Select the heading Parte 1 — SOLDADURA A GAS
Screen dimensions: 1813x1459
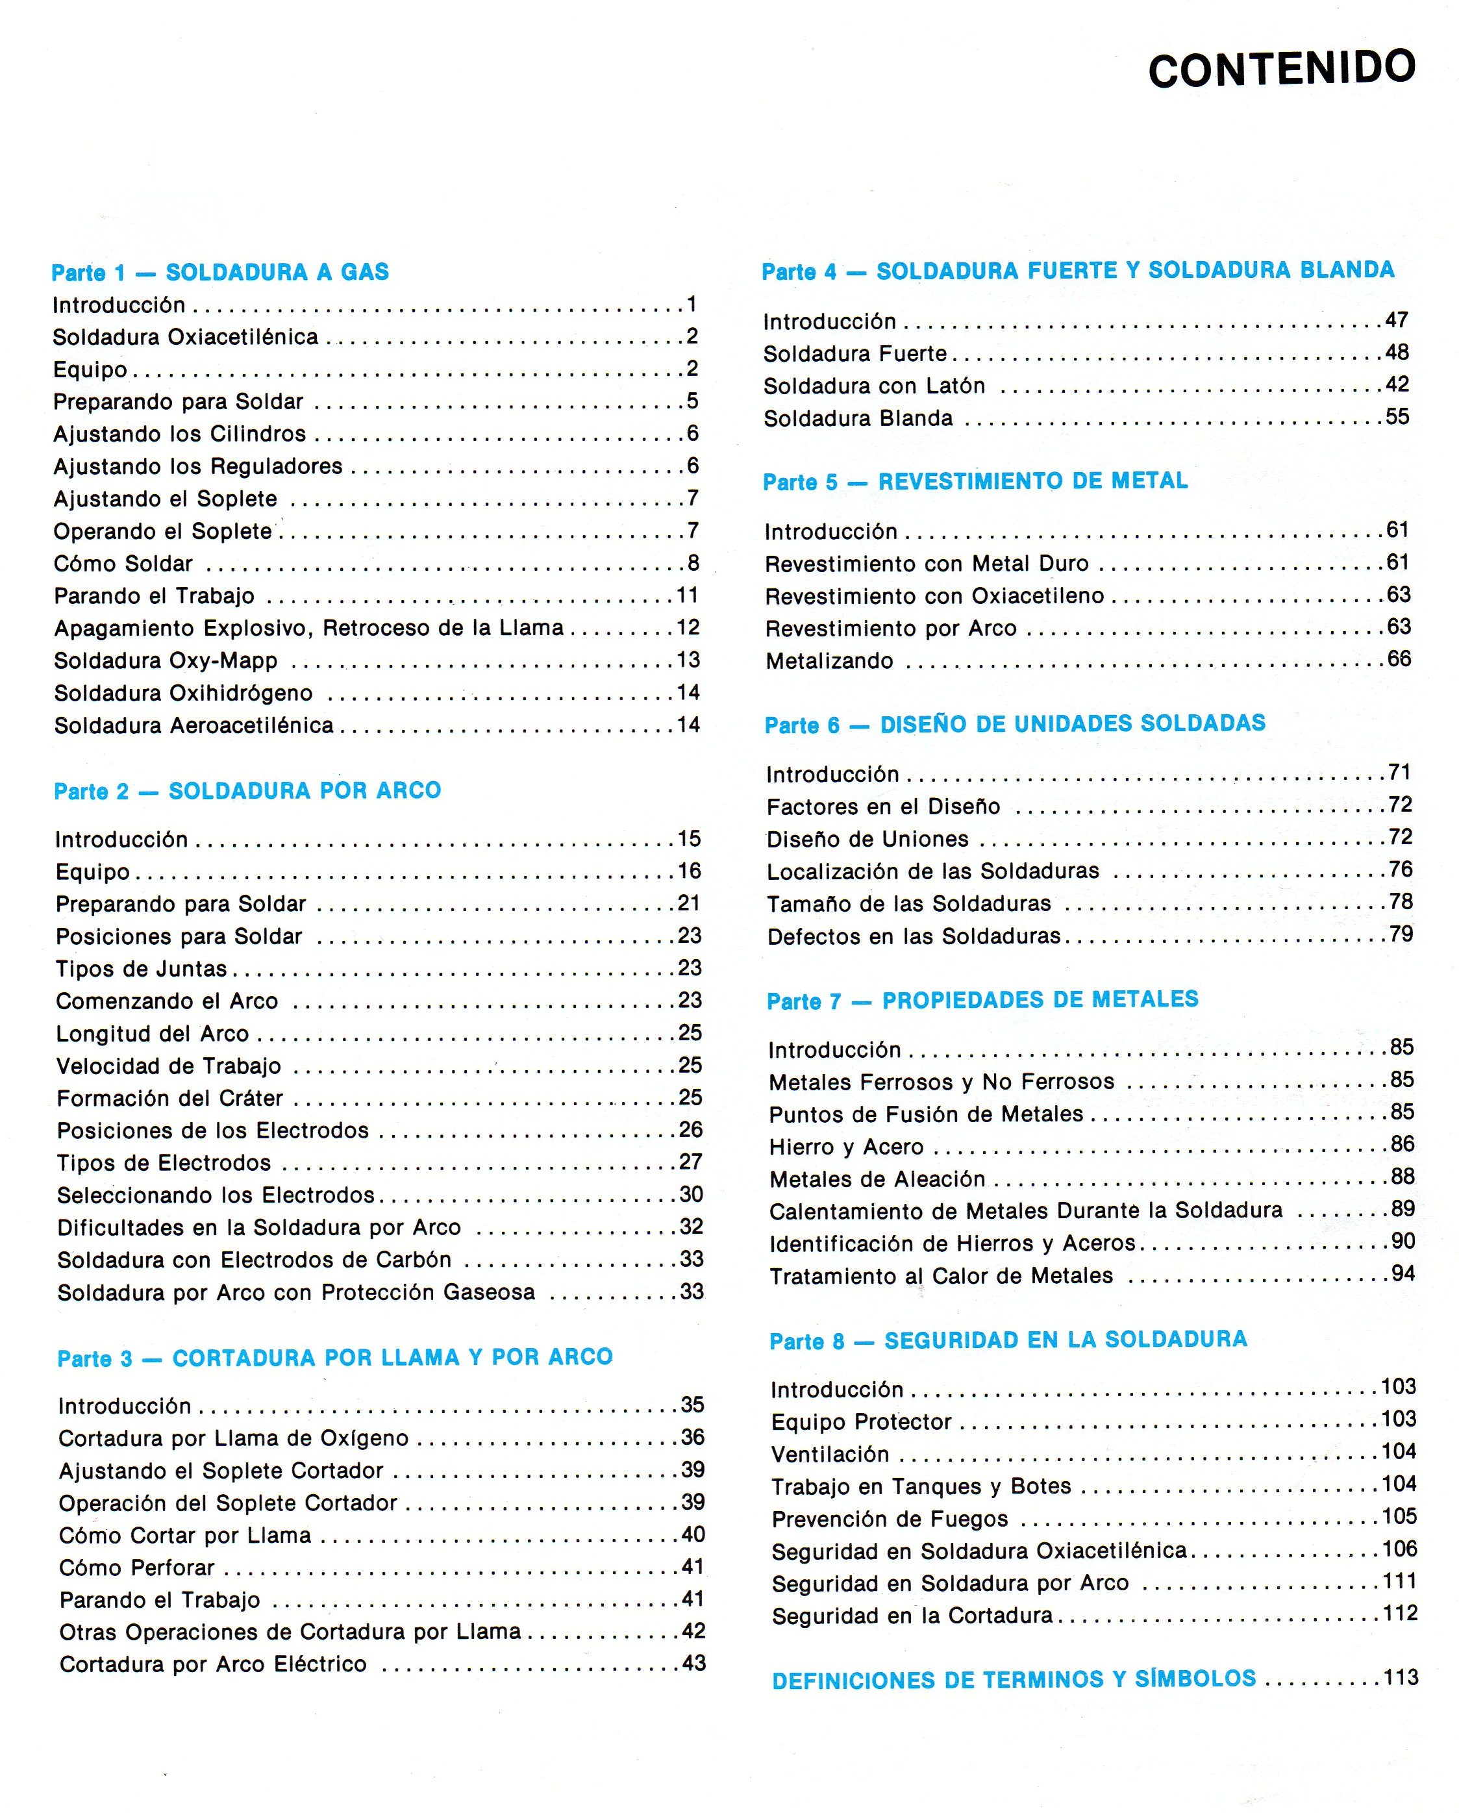click(x=220, y=273)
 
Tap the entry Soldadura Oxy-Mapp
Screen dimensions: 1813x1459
click(x=166, y=661)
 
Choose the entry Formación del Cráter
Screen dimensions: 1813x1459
click(x=170, y=1098)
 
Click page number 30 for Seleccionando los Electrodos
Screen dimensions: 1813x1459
click(x=690, y=1194)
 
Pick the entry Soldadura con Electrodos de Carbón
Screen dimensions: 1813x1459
click(x=254, y=1260)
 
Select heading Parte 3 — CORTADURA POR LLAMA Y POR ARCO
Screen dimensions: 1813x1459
click(x=334, y=1357)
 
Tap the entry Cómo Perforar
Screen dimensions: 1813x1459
click(x=137, y=1568)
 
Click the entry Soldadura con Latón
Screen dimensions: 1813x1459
click(x=874, y=386)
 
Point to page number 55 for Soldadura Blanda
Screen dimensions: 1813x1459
click(x=1397, y=416)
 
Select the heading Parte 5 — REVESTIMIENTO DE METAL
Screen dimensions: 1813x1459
click(x=975, y=481)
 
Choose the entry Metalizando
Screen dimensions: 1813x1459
click(x=829, y=661)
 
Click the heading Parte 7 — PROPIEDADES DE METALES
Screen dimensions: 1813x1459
click(x=982, y=1000)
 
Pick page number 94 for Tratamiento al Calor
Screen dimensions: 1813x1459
click(x=1402, y=1274)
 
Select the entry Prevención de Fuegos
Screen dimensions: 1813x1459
click(x=890, y=1519)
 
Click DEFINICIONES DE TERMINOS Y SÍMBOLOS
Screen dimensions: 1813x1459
click(x=1014, y=1679)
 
